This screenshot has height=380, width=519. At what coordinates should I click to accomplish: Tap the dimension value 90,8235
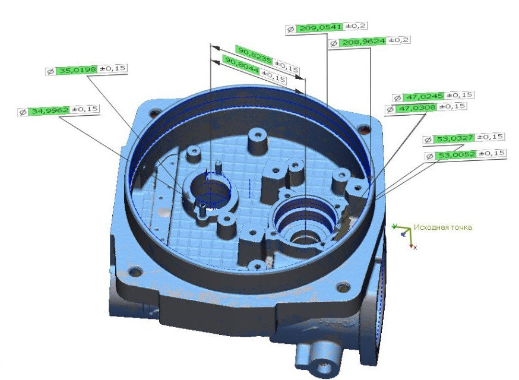coord(254,51)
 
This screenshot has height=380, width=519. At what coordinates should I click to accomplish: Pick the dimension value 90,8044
coord(239,61)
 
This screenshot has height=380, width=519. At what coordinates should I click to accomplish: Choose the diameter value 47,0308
coord(416,108)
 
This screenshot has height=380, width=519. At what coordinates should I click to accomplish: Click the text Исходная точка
coord(443,227)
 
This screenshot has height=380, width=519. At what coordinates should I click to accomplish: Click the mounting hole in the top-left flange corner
coord(156,112)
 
